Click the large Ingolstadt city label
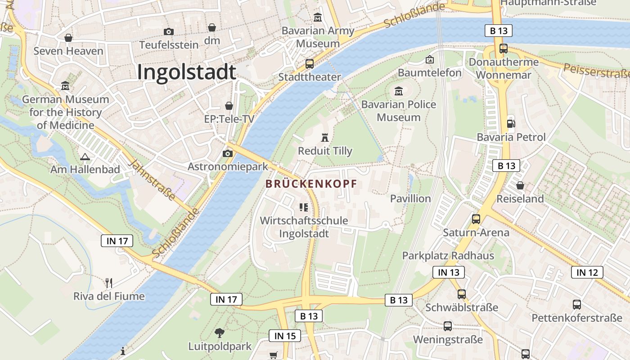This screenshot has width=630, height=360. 186,72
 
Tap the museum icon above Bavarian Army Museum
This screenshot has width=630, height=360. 318,18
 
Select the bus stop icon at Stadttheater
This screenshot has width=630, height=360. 309,64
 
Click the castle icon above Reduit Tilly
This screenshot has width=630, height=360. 325,137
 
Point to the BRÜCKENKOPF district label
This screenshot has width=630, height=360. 311,184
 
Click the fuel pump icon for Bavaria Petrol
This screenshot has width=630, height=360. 511,124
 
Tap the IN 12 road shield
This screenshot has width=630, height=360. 587,272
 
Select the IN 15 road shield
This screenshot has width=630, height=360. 284,336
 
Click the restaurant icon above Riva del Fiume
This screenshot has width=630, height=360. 108,283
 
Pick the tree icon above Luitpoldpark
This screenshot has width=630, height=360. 220,333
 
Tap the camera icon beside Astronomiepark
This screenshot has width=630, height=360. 228,154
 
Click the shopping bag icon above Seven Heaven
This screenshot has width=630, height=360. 68,38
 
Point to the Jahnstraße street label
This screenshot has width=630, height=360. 152,180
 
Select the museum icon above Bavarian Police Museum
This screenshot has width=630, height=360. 398,92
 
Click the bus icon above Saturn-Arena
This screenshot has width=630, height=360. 476,219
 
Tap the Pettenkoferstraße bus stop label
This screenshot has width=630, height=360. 576,318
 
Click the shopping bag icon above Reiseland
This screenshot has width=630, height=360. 520,185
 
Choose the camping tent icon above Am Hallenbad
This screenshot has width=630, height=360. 85,157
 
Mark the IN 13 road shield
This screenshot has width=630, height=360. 448,272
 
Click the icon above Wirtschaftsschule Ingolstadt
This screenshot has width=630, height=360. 304,207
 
